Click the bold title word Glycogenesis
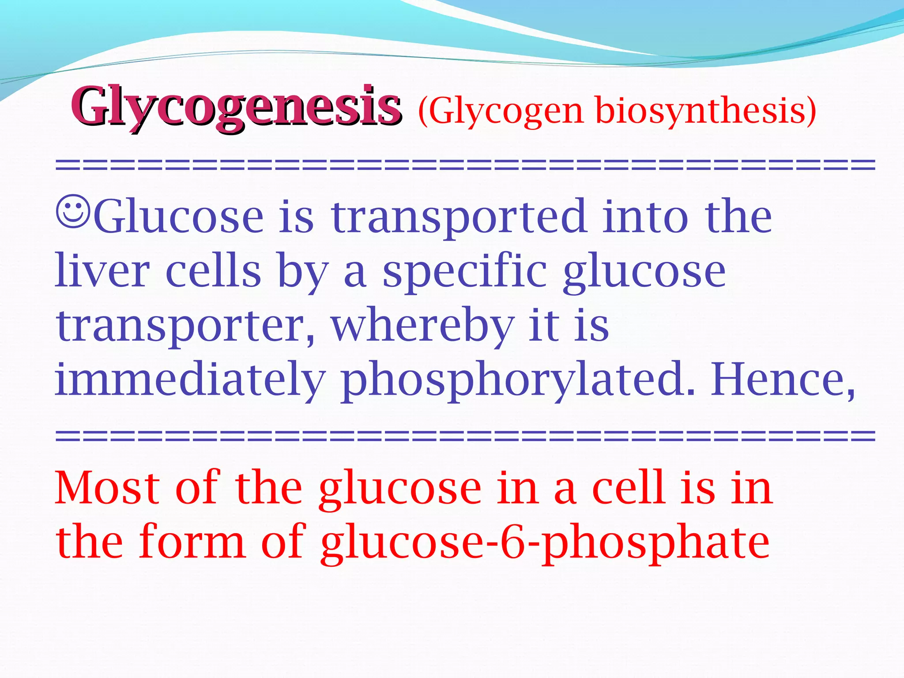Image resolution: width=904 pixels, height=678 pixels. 236,106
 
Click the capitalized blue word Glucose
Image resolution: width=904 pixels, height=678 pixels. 179,217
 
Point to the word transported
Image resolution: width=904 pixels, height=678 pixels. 459,217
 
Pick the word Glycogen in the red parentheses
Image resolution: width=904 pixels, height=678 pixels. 505,110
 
